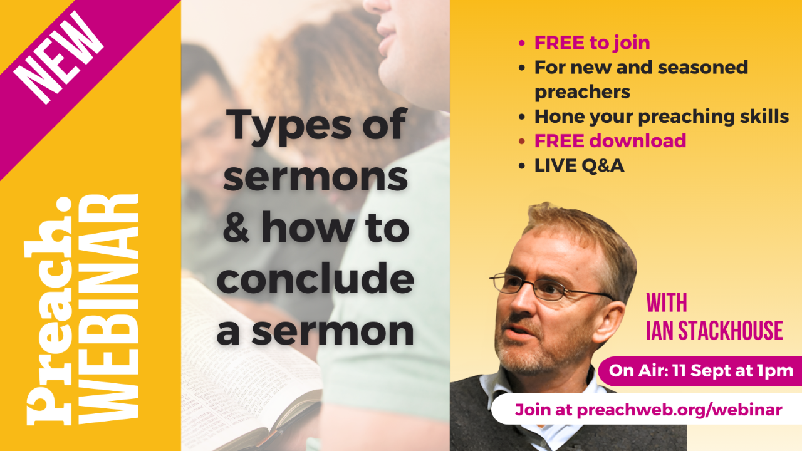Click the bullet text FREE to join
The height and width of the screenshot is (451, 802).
coord(591,43)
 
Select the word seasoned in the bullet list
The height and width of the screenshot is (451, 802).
coord(694,67)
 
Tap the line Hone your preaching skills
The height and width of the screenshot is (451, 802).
coord(661,117)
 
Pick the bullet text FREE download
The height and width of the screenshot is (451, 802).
coord(610,141)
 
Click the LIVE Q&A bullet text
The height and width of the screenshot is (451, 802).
coord(579,165)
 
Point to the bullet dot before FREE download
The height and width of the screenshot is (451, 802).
coord(521,141)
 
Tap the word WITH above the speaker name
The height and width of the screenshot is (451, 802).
coord(667,303)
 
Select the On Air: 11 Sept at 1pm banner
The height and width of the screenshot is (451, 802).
coord(700,370)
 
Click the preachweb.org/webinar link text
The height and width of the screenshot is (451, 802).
coord(679,410)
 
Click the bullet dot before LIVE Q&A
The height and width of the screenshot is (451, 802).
coord(521,165)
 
